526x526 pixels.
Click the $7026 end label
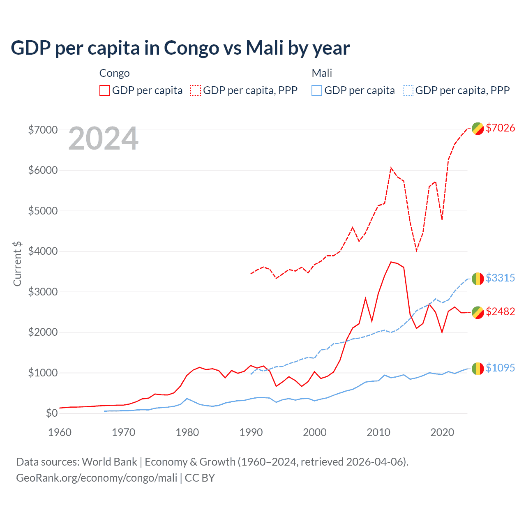tap(500, 128)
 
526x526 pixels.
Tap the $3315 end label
tap(500, 278)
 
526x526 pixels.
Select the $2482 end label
tap(500, 311)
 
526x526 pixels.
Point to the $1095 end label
tap(500, 368)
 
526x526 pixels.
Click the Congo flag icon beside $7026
tap(478, 128)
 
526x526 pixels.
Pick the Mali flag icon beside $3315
tap(478, 279)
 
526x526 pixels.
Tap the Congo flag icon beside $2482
tap(478, 312)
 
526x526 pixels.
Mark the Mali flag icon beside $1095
tap(478, 369)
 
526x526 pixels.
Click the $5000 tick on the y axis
tap(43, 211)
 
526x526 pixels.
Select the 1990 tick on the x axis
tap(251, 432)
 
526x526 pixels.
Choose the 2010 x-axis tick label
tap(378, 432)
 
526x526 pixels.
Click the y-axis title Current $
tap(17, 264)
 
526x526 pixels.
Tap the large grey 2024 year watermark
tap(103, 139)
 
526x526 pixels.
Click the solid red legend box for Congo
tap(105, 90)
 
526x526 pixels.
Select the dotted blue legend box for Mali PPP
tap(408, 90)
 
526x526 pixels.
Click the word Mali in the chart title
tap(265, 48)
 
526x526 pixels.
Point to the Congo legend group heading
tap(114, 73)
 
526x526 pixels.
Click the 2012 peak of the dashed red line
tap(391, 168)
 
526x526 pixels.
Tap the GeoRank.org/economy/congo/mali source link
tap(97, 478)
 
